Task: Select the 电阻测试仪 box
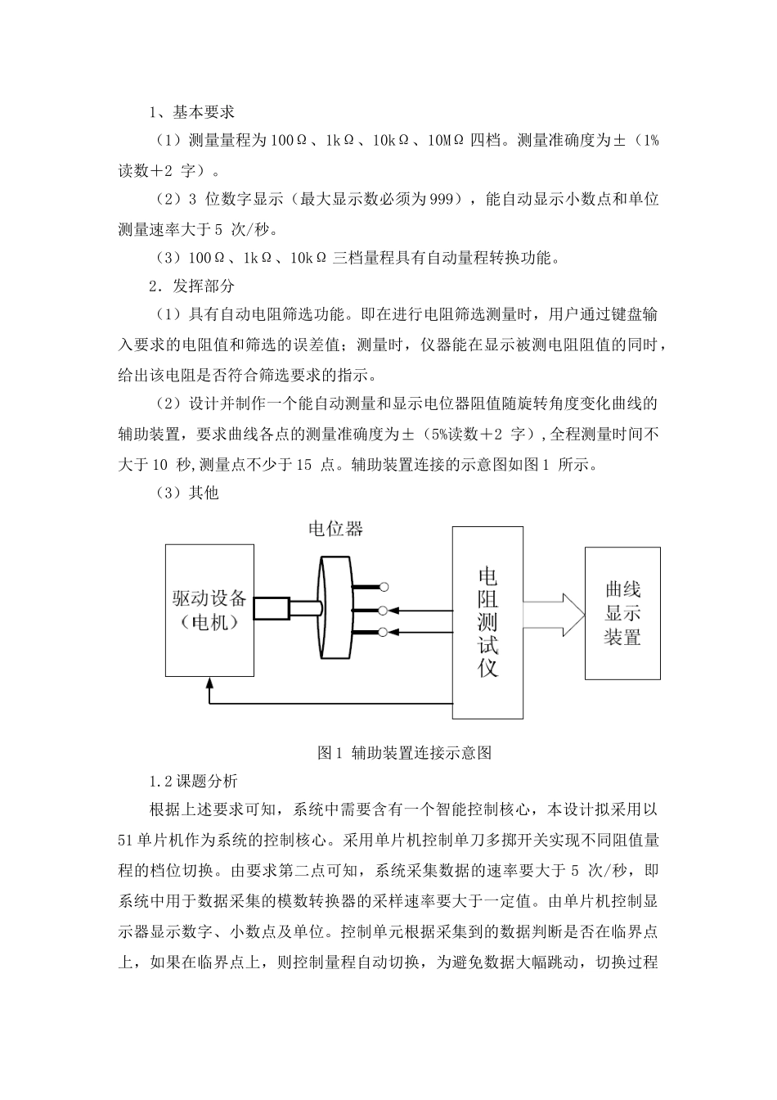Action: click(487, 622)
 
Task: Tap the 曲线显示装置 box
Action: click(622, 613)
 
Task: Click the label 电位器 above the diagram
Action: click(335, 529)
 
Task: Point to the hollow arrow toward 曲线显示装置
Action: click(555, 611)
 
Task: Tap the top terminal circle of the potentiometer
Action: click(384, 587)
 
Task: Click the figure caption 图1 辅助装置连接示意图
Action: click(404, 753)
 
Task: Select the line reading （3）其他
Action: click(187, 493)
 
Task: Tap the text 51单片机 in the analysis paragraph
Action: click(152, 838)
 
